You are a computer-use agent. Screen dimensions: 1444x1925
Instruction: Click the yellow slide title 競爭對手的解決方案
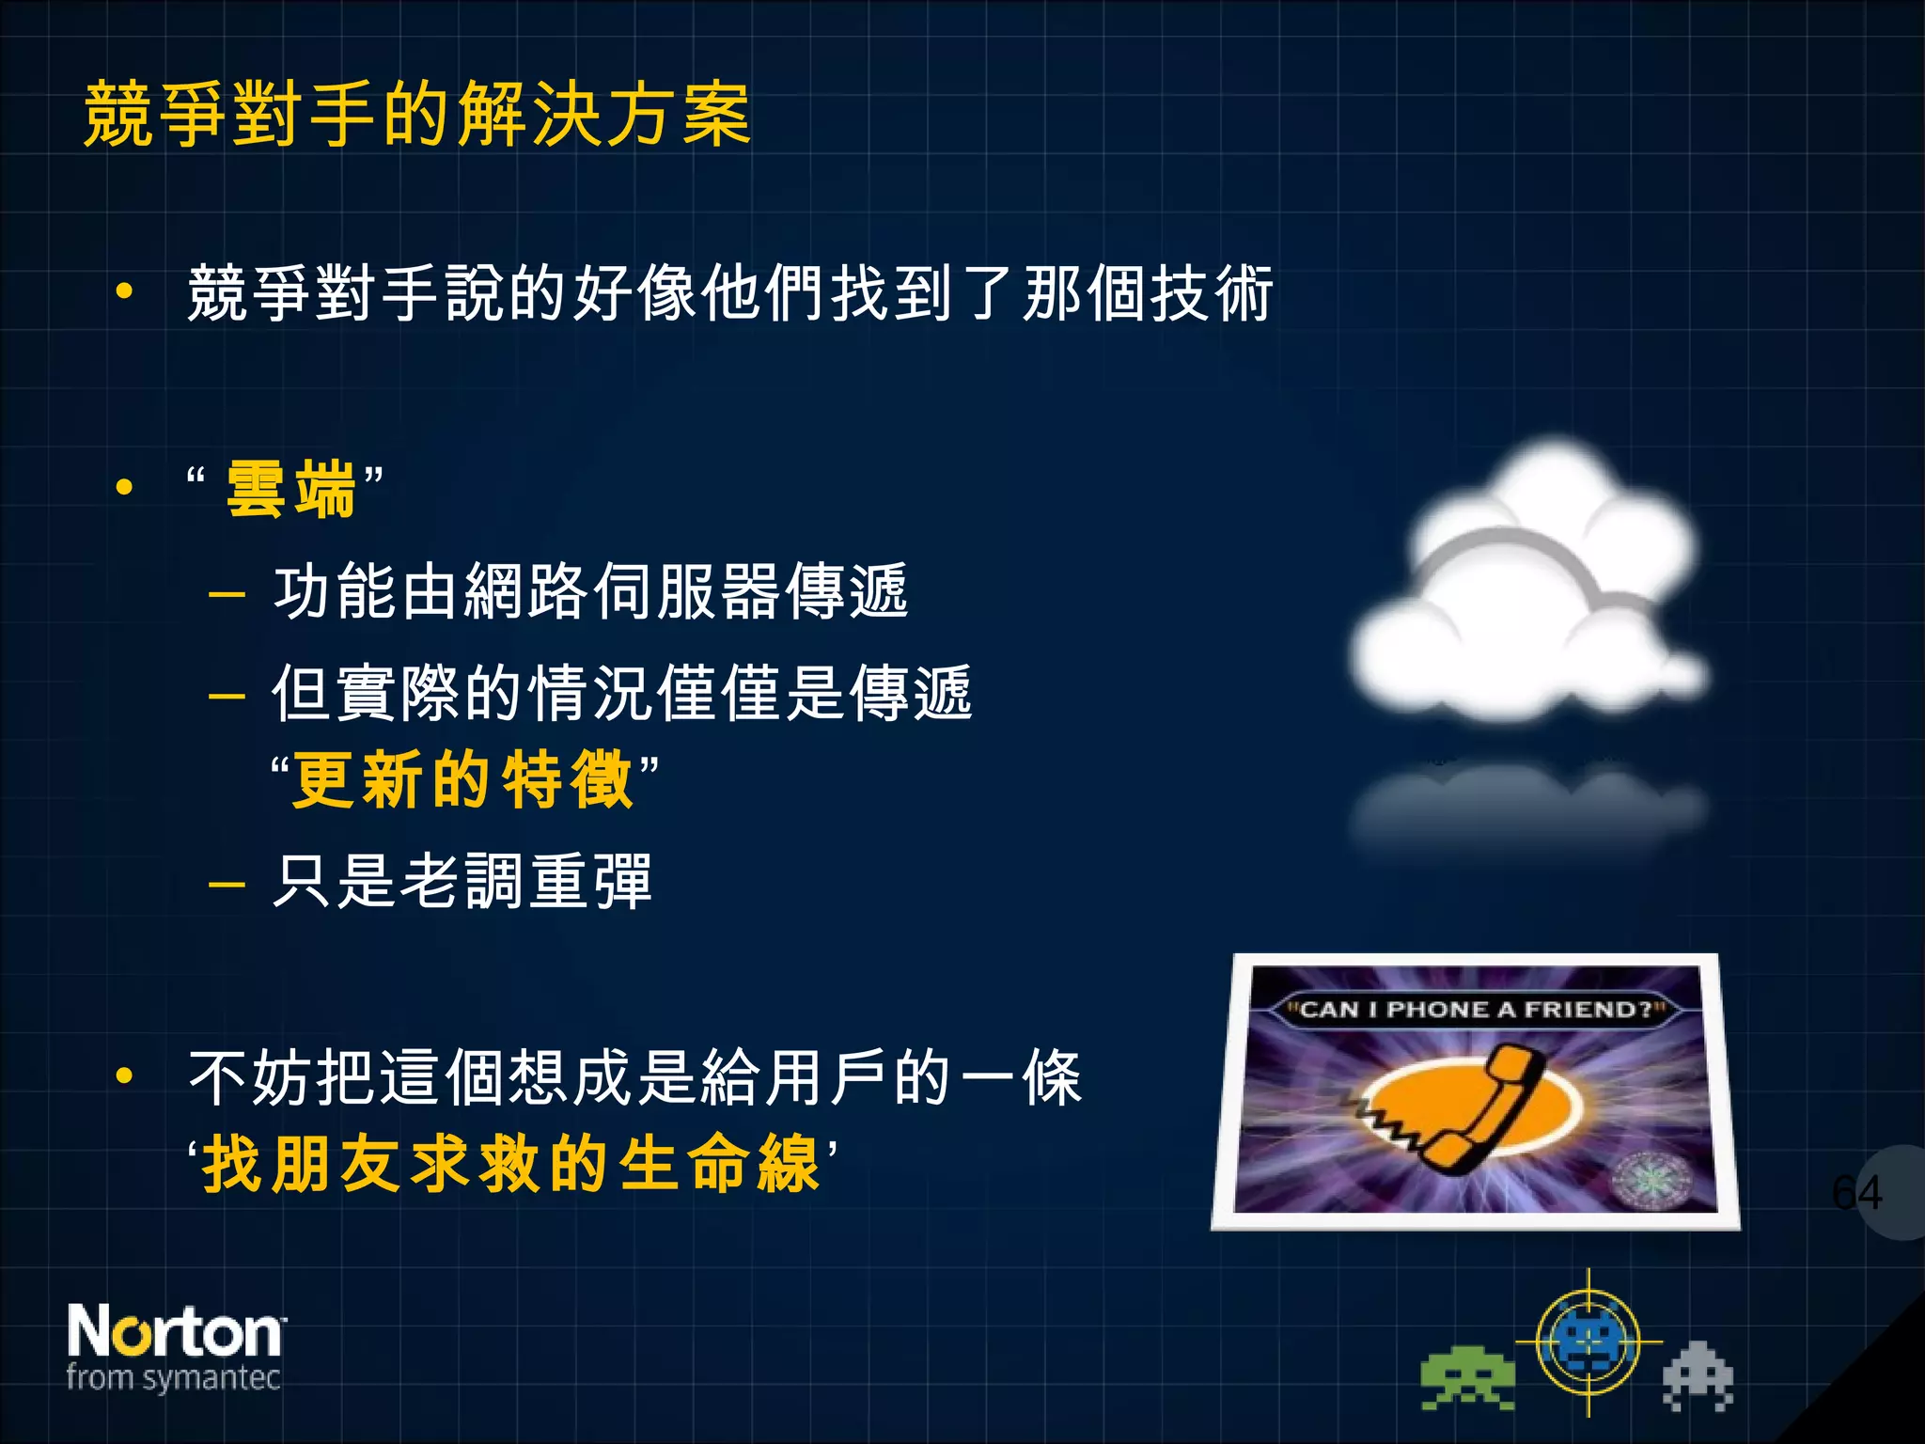(417, 115)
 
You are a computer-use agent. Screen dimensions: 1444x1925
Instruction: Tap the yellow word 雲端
(291, 489)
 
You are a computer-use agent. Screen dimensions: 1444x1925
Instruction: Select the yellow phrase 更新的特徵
(462, 780)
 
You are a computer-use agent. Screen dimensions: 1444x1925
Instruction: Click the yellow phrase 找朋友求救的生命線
(512, 1164)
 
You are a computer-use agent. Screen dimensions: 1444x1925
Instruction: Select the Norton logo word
(175, 1331)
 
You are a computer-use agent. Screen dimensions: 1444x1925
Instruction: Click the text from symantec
(173, 1378)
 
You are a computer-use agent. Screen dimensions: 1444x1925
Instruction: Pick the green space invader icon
(1467, 1379)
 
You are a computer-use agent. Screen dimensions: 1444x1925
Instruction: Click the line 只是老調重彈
(462, 882)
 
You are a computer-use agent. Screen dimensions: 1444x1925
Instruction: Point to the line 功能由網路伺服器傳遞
(590, 592)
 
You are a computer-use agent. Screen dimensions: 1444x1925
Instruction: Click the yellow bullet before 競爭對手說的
(124, 292)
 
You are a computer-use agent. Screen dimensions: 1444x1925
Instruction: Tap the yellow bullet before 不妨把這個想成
(124, 1076)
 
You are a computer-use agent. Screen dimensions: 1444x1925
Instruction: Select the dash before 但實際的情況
(227, 696)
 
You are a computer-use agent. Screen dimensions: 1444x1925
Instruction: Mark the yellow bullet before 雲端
(124, 488)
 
